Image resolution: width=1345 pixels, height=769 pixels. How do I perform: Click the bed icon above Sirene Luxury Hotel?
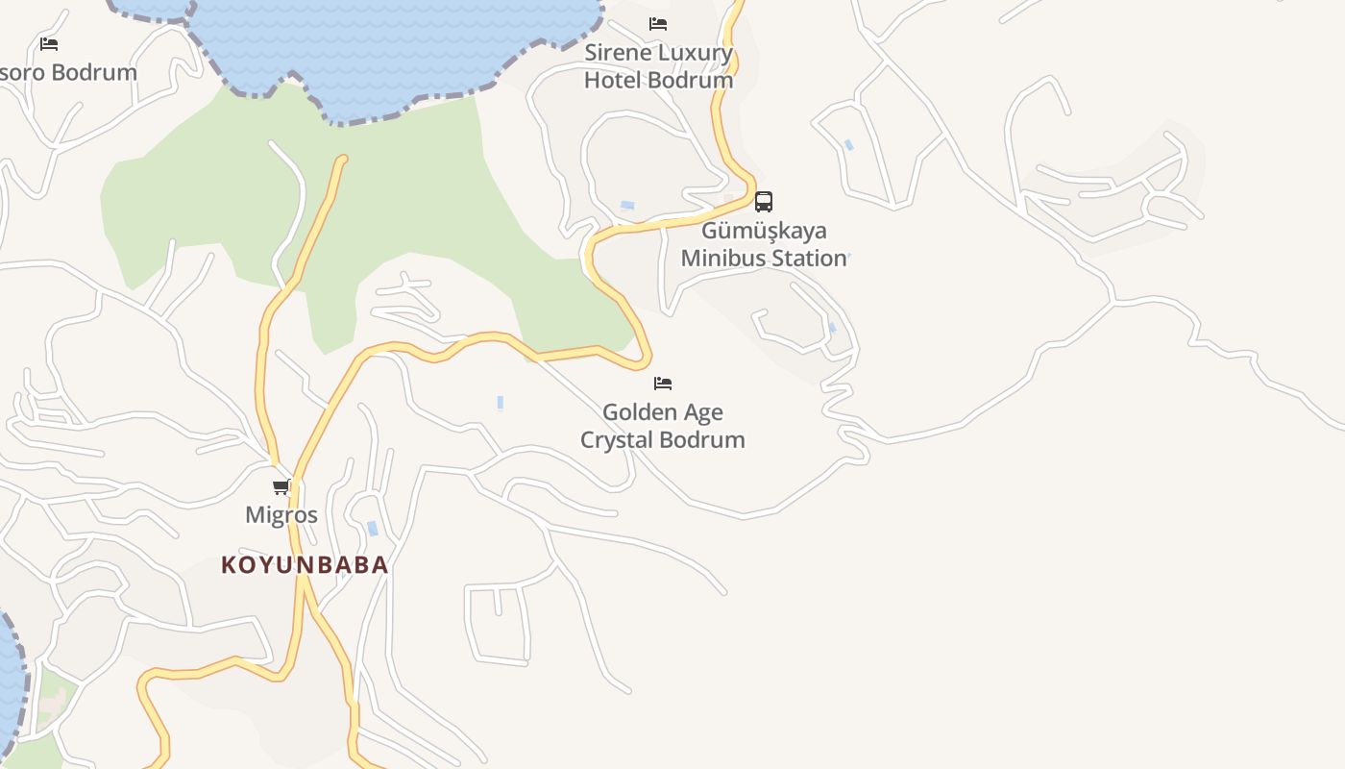click(658, 24)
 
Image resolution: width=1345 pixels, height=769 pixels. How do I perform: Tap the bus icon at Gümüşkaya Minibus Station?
click(764, 202)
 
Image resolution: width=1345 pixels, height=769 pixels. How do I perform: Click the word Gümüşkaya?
click(764, 231)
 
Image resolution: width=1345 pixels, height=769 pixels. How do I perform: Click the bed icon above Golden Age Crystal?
click(663, 384)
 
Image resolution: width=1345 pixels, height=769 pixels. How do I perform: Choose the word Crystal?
click(615, 440)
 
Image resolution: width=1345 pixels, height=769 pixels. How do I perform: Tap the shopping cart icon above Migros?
click(281, 486)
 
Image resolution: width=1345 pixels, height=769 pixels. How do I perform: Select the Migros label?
click(281, 515)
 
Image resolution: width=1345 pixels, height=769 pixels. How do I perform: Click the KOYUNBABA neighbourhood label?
click(306, 565)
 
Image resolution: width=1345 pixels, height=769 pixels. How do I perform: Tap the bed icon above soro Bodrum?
click(49, 44)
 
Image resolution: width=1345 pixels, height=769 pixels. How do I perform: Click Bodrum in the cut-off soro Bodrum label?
click(94, 73)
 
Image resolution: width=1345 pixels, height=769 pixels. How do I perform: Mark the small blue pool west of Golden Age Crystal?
click(501, 403)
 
